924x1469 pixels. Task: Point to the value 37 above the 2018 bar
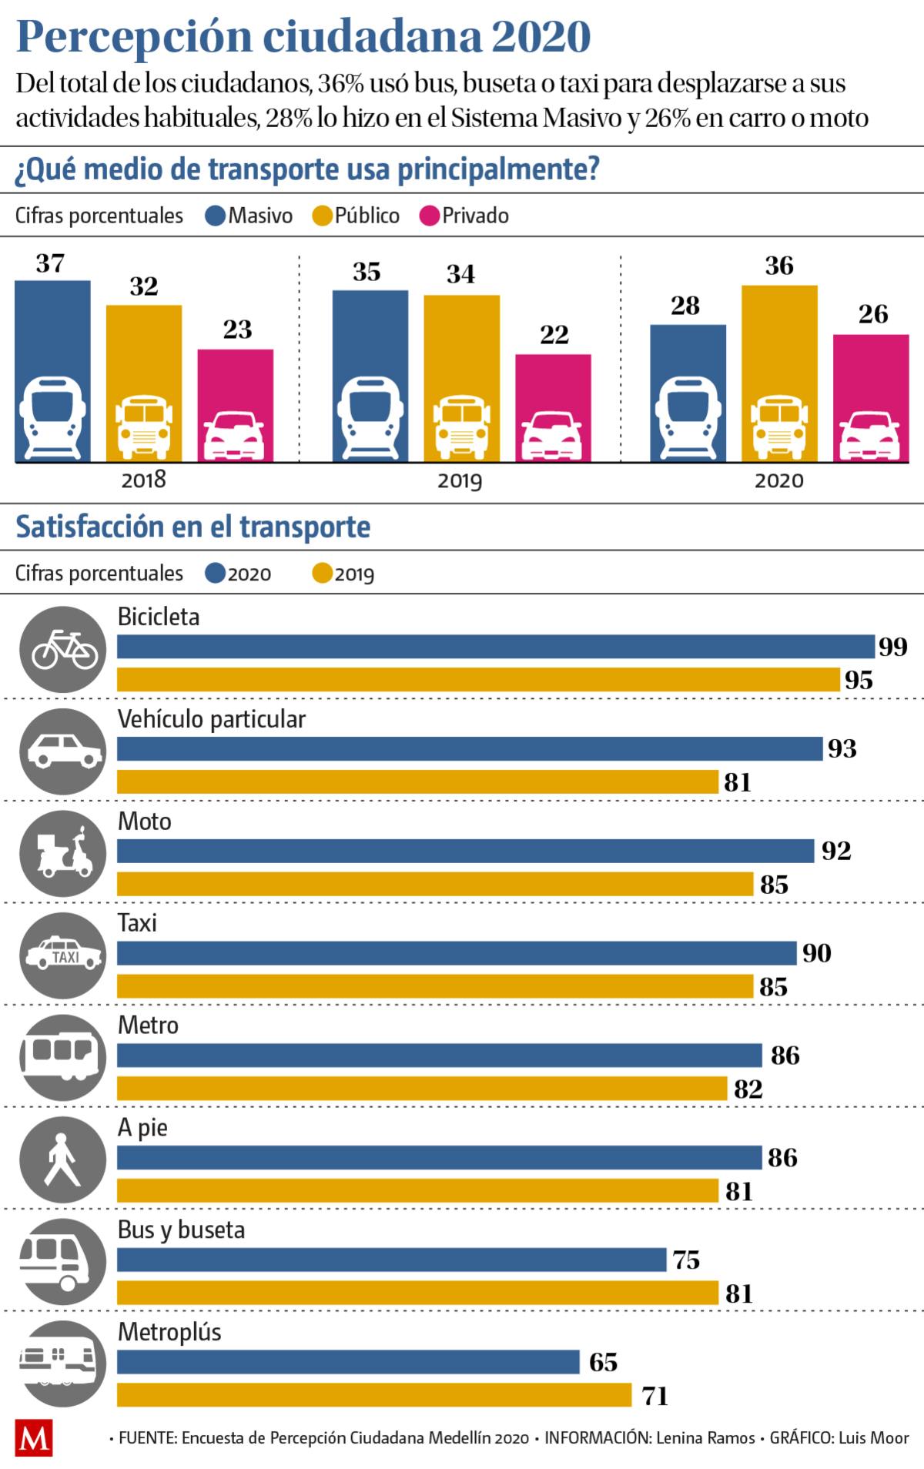[x=50, y=263]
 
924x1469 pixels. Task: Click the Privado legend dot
[x=429, y=216]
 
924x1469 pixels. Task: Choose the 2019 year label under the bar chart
[x=460, y=481]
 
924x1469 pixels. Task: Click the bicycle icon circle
[x=63, y=648]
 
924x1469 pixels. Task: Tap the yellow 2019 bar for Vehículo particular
[x=417, y=781]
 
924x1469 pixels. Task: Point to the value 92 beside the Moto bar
[x=836, y=851]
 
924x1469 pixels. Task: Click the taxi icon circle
[x=63, y=955]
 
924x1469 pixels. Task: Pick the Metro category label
[x=148, y=1026]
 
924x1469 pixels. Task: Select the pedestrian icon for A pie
[x=63, y=1159]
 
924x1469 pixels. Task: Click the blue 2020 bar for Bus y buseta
[x=391, y=1260]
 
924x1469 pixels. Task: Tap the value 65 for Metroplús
[x=604, y=1363]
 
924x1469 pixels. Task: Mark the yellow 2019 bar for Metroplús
[x=374, y=1395]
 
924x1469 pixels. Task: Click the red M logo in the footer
[x=34, y=1438]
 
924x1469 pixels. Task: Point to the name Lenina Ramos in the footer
[x=705, y=1438]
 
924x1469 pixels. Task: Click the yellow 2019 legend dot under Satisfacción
[x=323, y=574]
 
